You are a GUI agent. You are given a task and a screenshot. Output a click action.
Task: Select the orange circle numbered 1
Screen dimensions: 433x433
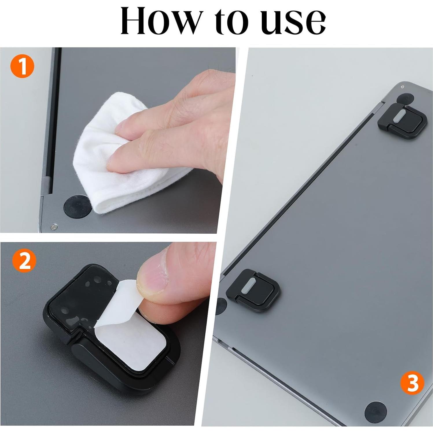click(x=22, y=67)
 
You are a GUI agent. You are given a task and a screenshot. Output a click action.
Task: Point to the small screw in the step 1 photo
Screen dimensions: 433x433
click(x=54, y=227)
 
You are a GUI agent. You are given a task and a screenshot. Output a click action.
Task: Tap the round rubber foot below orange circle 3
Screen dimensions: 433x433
click(x=375, y=411)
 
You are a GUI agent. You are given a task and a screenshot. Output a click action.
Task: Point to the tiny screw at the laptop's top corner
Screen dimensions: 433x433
click(x=403, y=87)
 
